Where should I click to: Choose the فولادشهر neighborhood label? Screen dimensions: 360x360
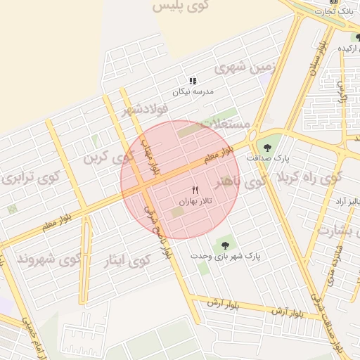tap(146, 109)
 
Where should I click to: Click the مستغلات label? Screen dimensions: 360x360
tap(226, 124)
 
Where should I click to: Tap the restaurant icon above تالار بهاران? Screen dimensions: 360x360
tap(195, 190)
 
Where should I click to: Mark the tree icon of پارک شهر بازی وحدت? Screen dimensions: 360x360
tap(224, 245)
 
